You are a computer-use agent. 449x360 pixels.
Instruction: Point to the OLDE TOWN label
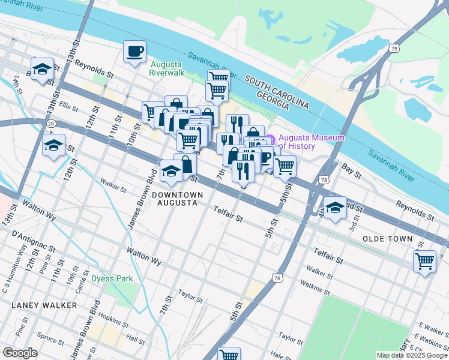[388, 239]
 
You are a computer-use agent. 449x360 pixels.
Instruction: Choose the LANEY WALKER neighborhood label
[44, 305]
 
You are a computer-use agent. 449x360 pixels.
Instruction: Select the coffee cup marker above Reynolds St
[134, 51]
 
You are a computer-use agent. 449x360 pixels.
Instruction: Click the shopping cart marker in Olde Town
[424, 262]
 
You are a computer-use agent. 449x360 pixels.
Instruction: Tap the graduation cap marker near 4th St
[335, 207]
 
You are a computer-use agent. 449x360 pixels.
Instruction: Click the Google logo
[20, 352]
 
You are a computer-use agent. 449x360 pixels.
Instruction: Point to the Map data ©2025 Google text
[411, 355]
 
